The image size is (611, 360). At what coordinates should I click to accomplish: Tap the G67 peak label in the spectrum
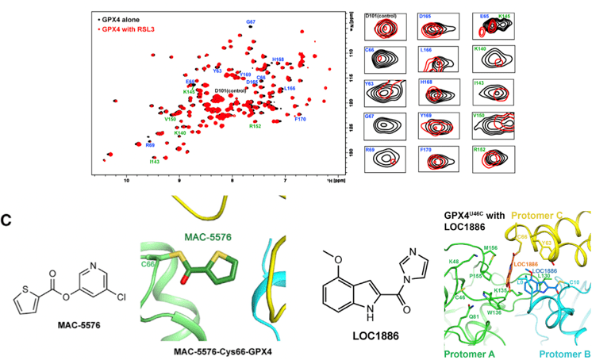[251, 21]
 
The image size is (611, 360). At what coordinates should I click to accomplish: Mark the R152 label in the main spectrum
[255, 125]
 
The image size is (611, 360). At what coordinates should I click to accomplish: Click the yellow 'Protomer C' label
[555, 215]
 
